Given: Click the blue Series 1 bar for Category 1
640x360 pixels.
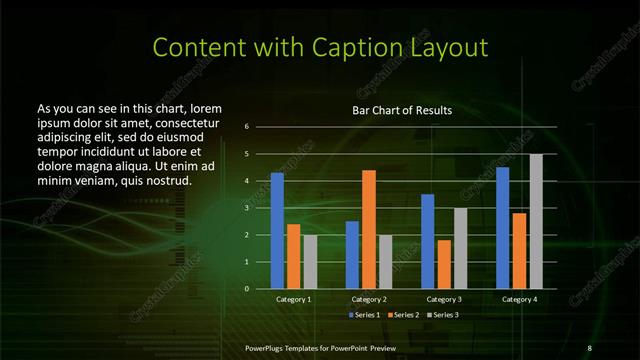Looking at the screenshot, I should coord(277,231).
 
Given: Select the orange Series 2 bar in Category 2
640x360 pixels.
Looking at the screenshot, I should coord(369,229).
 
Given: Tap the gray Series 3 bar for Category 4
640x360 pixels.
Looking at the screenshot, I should coord(536,221).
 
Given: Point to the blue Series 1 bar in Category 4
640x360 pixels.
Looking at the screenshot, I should coord(502,228).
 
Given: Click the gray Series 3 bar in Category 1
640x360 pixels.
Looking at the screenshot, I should coord(310,262).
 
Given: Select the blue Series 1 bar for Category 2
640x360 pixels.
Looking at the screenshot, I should coord(352,255).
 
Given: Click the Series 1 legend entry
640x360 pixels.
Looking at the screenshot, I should coord(364,315).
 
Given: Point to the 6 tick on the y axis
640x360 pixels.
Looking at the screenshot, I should coord(246,127).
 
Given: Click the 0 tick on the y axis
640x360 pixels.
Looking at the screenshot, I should coord(246,289).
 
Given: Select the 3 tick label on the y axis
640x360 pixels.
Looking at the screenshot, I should coord(246,208).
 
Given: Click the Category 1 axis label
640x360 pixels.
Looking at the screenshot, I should coord(294,299).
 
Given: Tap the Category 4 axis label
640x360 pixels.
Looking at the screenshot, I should coord(519,299).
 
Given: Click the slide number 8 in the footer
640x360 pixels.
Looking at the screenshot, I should coord(589,346).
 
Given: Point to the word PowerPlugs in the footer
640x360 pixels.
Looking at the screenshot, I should coord(268,346).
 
